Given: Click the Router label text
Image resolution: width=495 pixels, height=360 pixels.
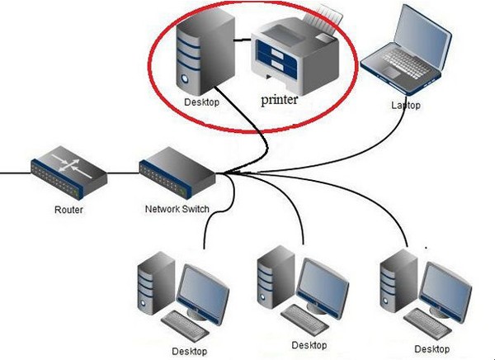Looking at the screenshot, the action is pyautogui.click(x=68, y=210).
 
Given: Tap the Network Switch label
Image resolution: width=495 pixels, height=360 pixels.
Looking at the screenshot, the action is pyautogui.click(x=177, y=209).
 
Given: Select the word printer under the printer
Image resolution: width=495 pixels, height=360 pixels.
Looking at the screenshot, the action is pyautogui.click(x=280, y=100).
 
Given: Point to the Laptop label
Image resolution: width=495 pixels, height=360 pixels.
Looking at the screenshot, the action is pyautogui.click(x=406, y=105).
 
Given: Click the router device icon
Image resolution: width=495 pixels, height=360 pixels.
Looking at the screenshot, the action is pyautogui.click(x=69, y=173).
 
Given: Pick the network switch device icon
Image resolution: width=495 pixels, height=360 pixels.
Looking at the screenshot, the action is pyautogui.click(x=177, y=173).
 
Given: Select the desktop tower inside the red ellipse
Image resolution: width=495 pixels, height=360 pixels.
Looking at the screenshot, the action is pyautogui.click(x=205, y=52).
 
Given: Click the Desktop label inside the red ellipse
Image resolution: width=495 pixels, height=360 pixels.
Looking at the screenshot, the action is pyautogui.click(x=202, y=102).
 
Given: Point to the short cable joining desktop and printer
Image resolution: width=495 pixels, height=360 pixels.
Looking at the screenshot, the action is pyautogui.click(x=243, y=40).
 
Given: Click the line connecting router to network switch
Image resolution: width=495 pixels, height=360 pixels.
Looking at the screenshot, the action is pyautogui.click(x=123, y=173).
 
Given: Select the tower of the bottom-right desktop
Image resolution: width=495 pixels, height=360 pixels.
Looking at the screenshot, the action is pyautogui.click(x=398, y=282).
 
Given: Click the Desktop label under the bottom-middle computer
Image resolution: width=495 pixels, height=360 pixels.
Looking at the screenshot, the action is pyautogui.click(x=309, y=345).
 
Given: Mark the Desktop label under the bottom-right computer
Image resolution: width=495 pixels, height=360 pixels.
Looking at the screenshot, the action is pyautogui.click(x=431, y=349).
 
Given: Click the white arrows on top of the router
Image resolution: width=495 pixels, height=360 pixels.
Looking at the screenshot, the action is pyautogui.click(x=72, y=166).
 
